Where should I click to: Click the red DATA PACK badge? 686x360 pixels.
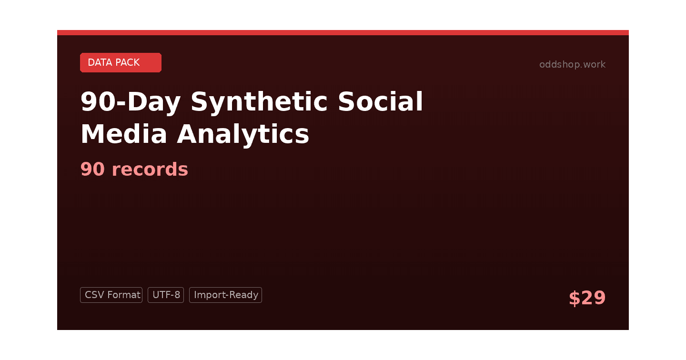(x=121, y=62)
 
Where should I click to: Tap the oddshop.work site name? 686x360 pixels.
(x=572, y=64)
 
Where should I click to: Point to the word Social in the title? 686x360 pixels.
(x=380, y=101)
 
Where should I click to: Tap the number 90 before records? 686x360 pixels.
(x=92, y=169)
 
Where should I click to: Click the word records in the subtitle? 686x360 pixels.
(x=150, y=169)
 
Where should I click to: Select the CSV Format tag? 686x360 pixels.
(x=111, y=295)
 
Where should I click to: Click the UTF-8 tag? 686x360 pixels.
(x=166, y=295)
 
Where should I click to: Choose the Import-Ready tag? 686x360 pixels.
(x=225, y=295)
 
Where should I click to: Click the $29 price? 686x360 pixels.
(x=587, y=298)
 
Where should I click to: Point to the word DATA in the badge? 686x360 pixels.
(x=100, y=62)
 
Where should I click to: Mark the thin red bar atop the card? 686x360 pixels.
(x=343, y=32)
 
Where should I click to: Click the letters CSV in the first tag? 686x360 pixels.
(x=93, y=295)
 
